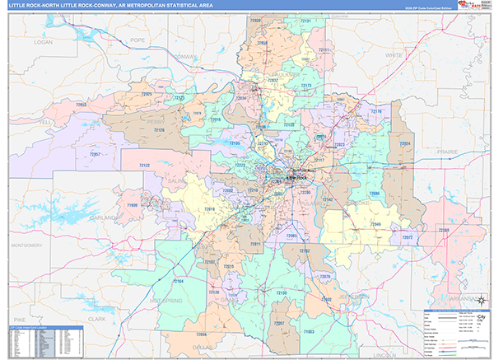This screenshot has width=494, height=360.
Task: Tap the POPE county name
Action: click(137, 39)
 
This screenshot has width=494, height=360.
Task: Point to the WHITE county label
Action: click(394, 55)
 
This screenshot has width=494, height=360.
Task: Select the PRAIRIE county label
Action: click(447, 152)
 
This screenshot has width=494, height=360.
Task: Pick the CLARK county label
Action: click(97, 318)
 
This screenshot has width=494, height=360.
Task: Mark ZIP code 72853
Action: click(82, 105)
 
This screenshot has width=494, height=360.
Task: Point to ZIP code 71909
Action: click(132, 203)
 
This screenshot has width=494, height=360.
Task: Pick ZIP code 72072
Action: click(406, 237)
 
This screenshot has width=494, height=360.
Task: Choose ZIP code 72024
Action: click(405, 143)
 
